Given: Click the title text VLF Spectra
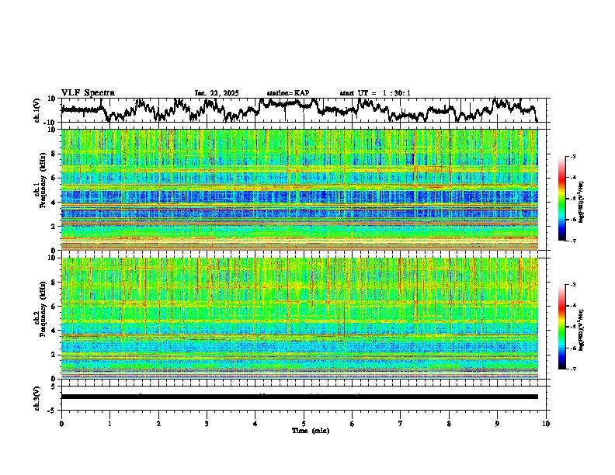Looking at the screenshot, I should pos(88,92).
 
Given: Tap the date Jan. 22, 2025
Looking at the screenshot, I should pos(217,93).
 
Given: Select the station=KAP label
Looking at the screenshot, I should pos(288,93).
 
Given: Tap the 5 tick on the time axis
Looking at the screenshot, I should pos(304,423).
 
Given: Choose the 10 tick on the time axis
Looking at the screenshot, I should pos(547,423).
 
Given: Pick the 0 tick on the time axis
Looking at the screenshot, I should pos(61,423).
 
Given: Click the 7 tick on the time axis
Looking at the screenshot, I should pos(401,423).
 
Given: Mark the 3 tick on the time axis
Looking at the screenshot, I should pos(207,423).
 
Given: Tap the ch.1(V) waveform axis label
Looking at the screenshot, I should pos(38,110).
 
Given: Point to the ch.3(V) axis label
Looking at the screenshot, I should pos(38,397).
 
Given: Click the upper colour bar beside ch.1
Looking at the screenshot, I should pos(562,199).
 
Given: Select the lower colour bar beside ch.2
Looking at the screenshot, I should pos(562,327).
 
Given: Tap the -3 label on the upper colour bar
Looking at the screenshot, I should pos(572,158).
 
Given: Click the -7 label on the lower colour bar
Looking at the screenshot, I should pos(572,369).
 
